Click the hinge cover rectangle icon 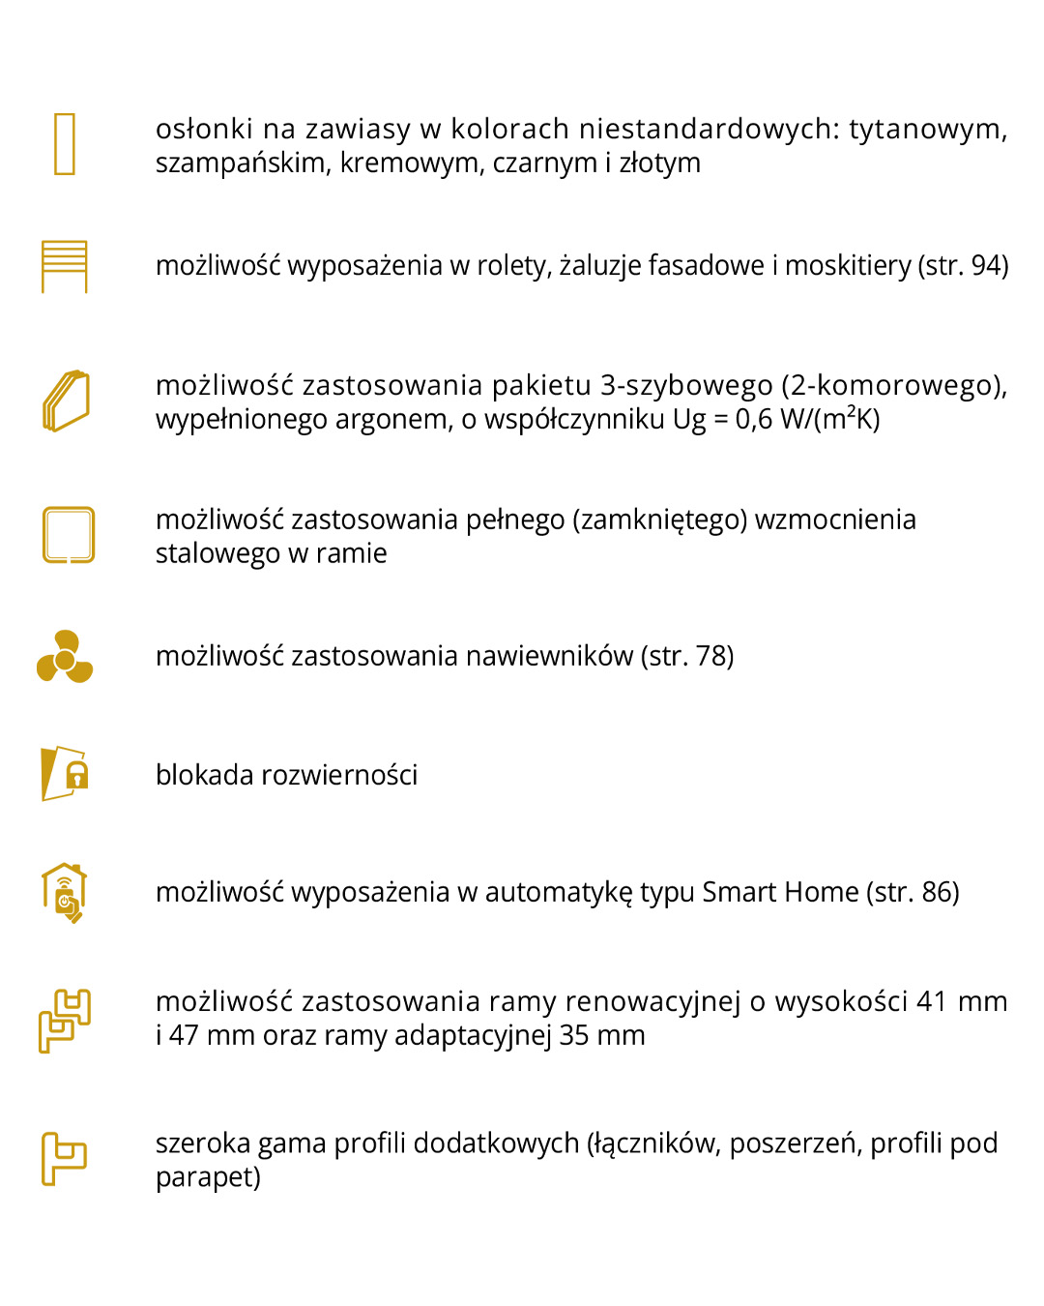(65, 144)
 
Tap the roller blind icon (65, 266)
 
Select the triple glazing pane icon (66, 401)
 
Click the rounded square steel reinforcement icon (69, 535)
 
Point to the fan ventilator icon (65, 658)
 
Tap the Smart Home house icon (65, 892)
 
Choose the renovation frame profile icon (65, 1021)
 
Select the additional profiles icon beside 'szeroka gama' (65, 1158)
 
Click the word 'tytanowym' (927, 129)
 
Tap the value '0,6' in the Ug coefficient (754, 419)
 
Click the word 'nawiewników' (549, 656)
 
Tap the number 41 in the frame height (931, 1001)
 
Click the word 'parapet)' (208, 1177)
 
